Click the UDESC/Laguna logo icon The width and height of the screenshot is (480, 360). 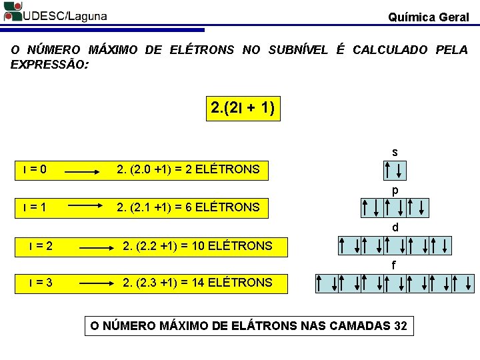(x=12, y=11)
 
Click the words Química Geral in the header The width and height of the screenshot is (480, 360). (x=429, y=17)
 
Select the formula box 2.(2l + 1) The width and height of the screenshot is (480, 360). (x=243, y=107)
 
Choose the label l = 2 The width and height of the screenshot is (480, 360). (x=41, y=246)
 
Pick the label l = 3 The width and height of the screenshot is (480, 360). (x=41, y=283)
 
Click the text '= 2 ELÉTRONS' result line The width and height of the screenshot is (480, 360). (x=188, y=169)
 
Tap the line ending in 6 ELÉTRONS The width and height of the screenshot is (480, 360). (x=188, y=207)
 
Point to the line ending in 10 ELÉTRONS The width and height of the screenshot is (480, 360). (x=197, y=246)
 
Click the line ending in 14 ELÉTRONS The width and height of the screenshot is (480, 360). (x=197, y=283)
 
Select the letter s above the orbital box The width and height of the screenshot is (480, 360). (x=395, y=153)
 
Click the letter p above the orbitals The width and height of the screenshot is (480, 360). (x=395, y=191)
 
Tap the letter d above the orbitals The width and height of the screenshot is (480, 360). (x=395, y=228)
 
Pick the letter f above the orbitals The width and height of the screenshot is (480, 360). (x=394, y=265)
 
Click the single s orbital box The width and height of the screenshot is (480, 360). (x=395, y=170)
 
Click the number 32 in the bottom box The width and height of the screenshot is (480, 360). (x=400, y=326)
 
